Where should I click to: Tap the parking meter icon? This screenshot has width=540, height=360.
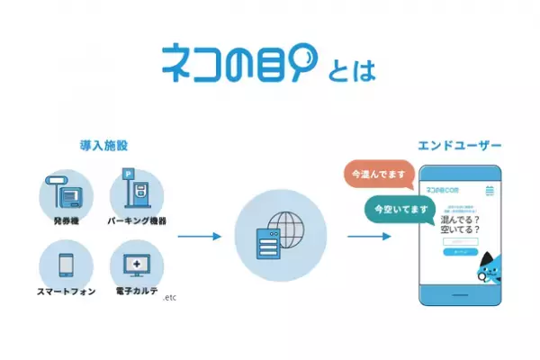pyautogui.click(x=136, y=190)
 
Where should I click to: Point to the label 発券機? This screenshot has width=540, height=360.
pyautogui.click(x=66, y=220)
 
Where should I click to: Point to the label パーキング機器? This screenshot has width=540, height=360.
pyautogui.click(x=138, y=220)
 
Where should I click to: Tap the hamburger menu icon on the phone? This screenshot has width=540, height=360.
pyautogui.click(x=490, y=191)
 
